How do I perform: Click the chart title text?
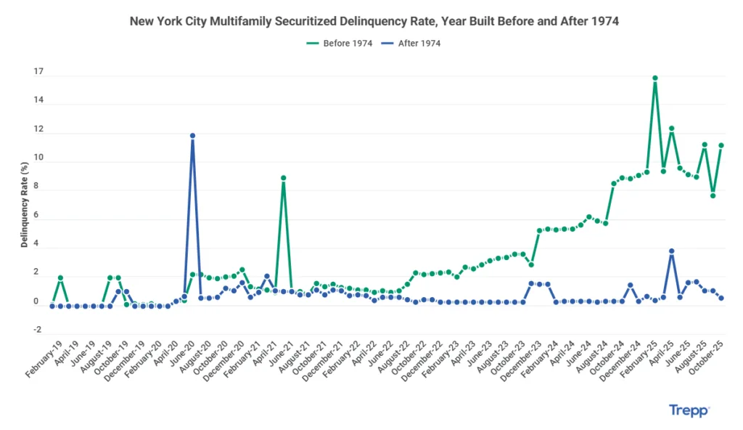click(x=374, y=22)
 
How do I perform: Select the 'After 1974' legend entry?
click(x=412, y=44)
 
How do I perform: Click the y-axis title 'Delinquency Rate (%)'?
click(x=24, y=205)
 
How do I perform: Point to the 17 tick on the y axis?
click(x=38, y=73)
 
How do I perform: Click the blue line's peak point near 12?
click(x=192, y=136)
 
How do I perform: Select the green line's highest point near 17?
click(x=654, y=78)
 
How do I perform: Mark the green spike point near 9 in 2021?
click(x=283, y=178)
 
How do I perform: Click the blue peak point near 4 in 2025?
click(x=672, y=251)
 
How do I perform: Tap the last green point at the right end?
click(x=721, y=145)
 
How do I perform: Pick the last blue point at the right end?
click(x=721, y=298)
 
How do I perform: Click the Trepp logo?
click(x=689, y=410)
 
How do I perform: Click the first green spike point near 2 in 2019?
click(x=60, y=278)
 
